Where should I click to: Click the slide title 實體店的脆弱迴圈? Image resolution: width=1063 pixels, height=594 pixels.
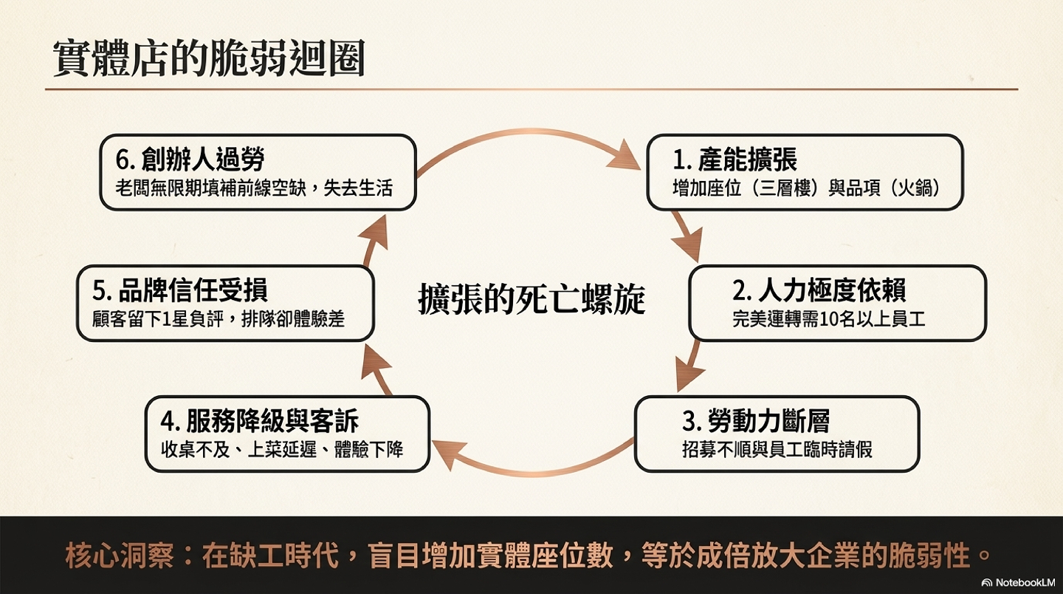coord(208,58)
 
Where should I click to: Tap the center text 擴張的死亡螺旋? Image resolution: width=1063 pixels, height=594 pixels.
coord(531,299)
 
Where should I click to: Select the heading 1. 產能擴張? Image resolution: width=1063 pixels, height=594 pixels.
coord(735,159)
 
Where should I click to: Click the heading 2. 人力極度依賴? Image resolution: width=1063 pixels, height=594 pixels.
coord(819,290)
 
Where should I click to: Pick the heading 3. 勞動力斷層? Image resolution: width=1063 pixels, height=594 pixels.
coord(756,420)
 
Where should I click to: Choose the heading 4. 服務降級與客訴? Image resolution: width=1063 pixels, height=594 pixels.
coord(260,420)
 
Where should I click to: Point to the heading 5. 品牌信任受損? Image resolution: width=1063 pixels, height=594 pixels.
coord(180,290)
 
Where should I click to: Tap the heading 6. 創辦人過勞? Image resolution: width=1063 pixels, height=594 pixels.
coord(190,159)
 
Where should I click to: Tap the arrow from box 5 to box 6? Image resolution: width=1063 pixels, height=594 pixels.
coord(375,240)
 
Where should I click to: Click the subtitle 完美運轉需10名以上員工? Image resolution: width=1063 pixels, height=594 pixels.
coord(828,319)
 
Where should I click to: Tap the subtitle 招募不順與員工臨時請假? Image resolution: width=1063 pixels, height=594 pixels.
coord(777,449)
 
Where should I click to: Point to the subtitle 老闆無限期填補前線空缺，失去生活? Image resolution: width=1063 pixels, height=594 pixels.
coord(254,188)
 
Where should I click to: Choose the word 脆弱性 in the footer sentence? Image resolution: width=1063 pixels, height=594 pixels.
coord(928,556)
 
